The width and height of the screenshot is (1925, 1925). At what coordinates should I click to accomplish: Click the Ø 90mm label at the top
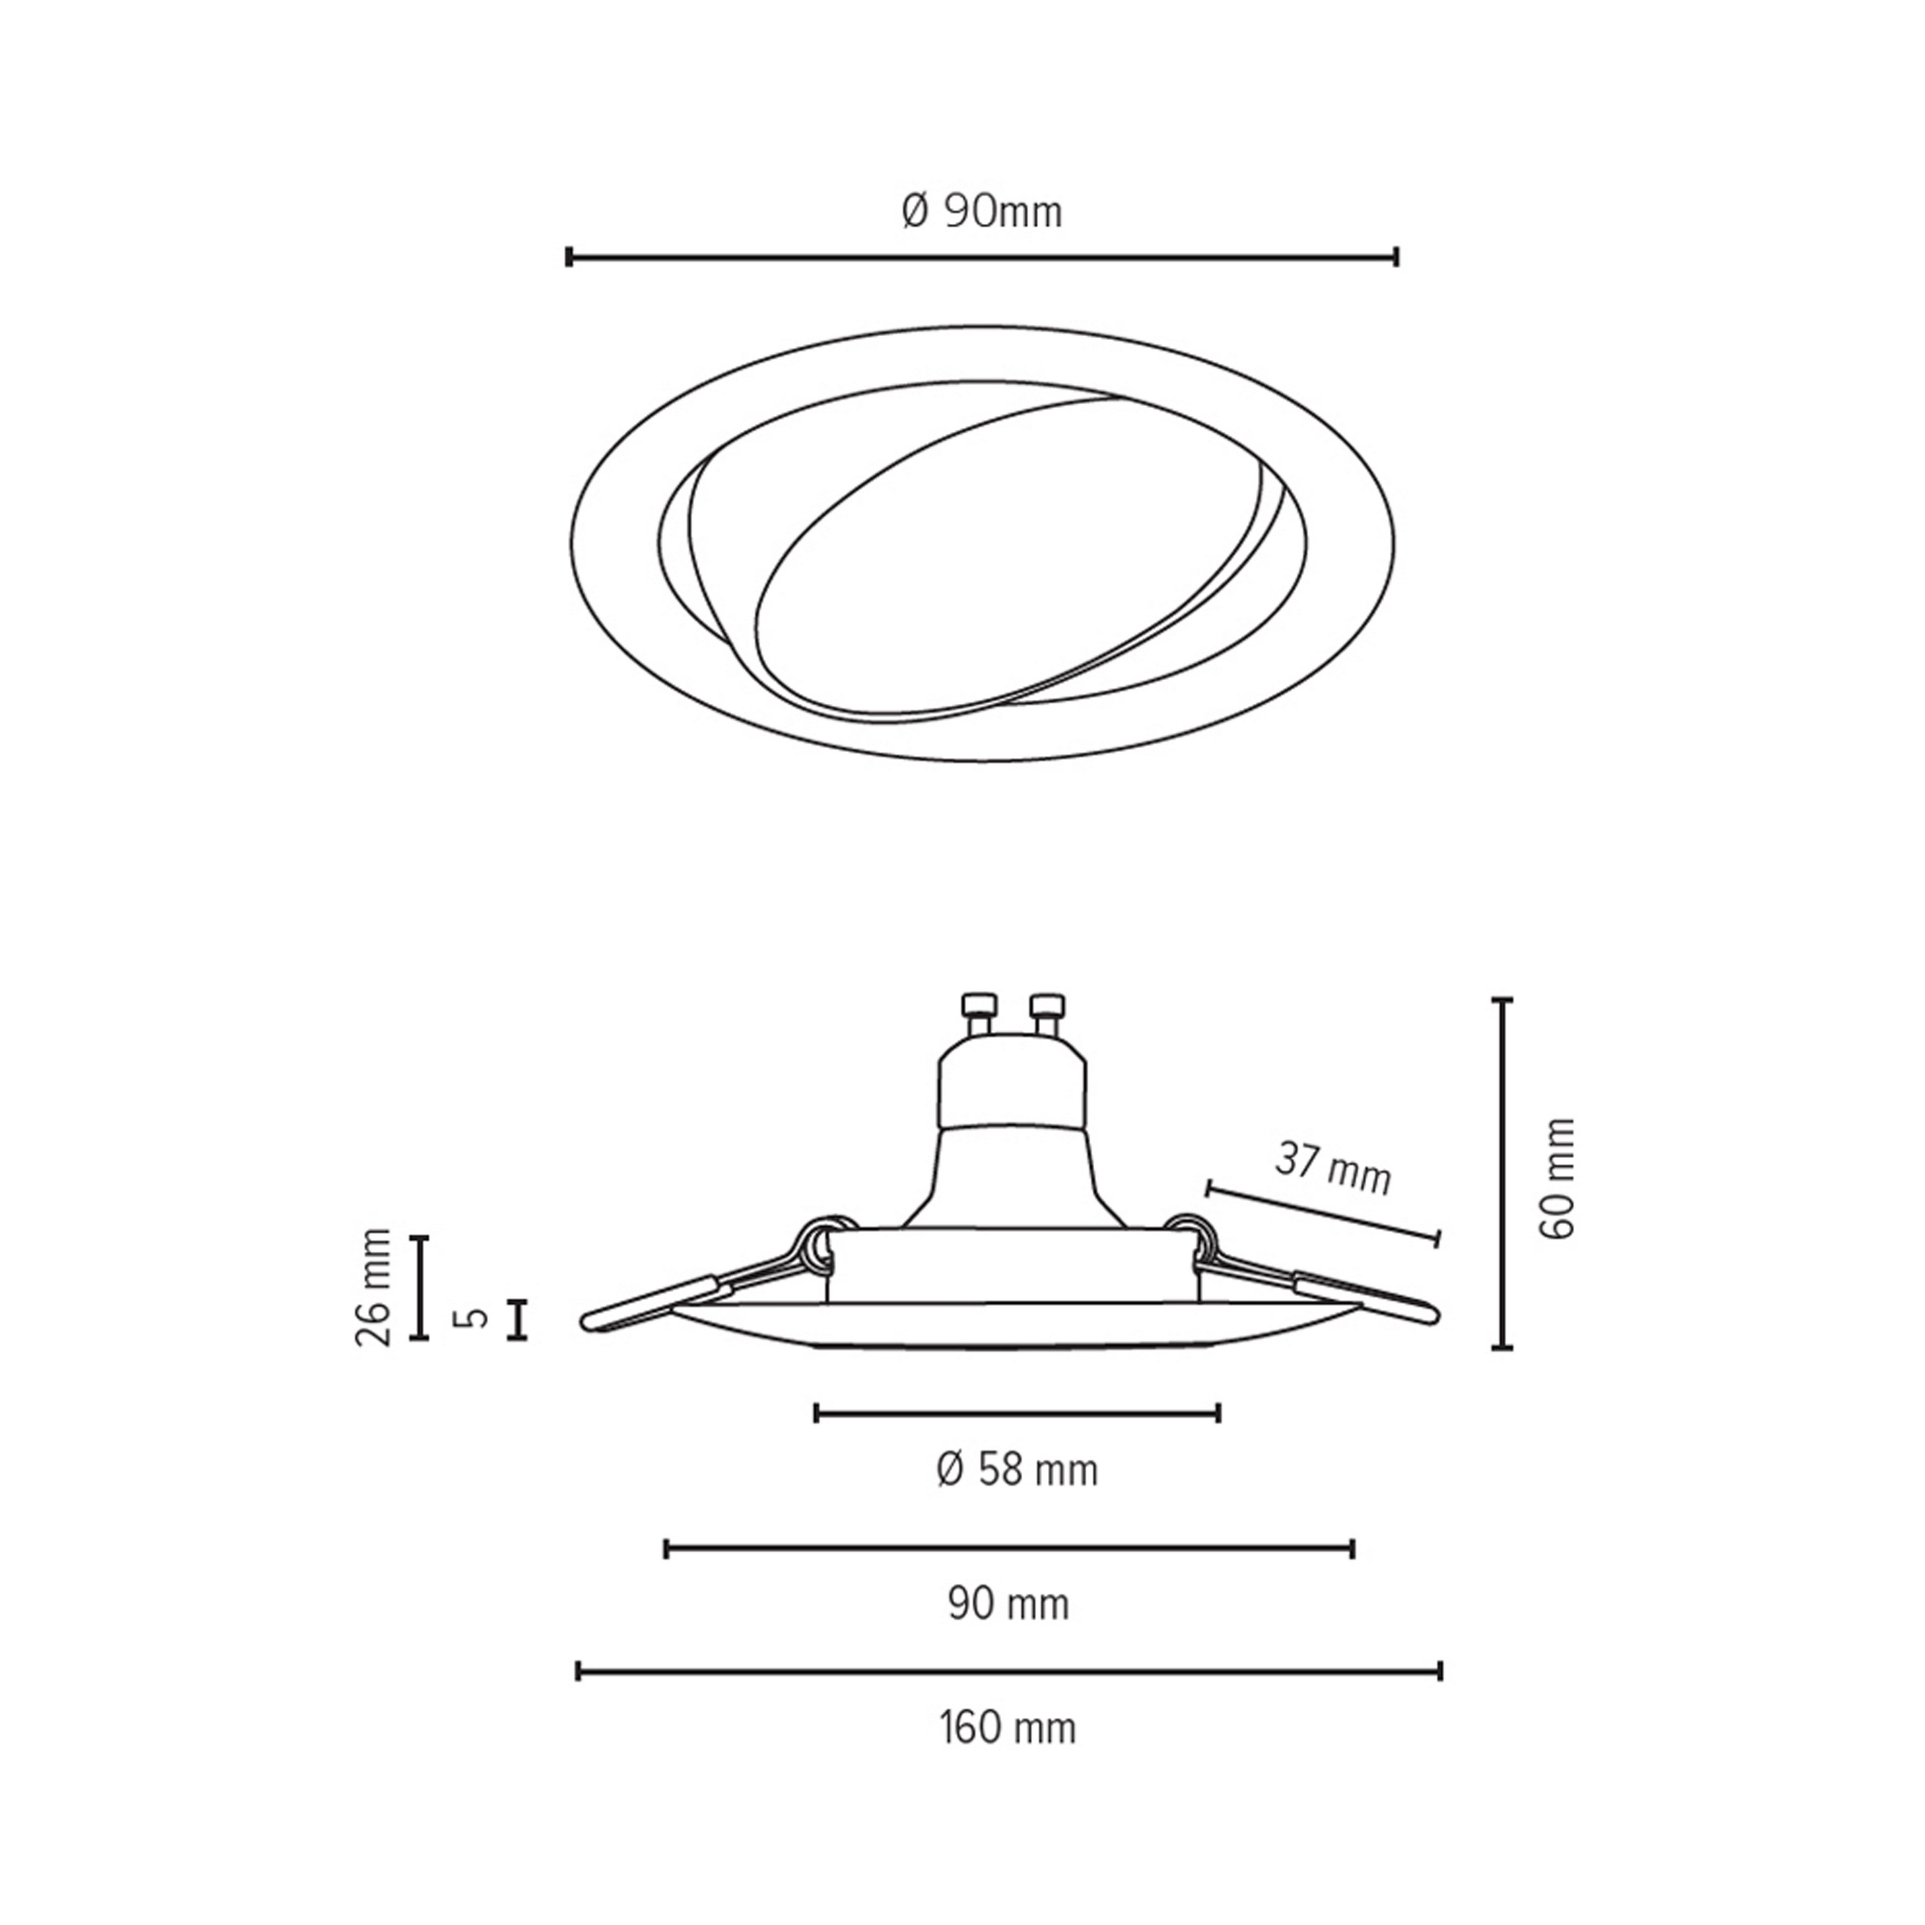(982, 212)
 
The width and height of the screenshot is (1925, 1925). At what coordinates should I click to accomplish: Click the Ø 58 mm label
(1017, 1471)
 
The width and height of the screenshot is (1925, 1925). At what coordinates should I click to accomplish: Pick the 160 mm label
(1008, 1729)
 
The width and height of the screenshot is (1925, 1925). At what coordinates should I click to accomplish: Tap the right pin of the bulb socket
(1047, 1016)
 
